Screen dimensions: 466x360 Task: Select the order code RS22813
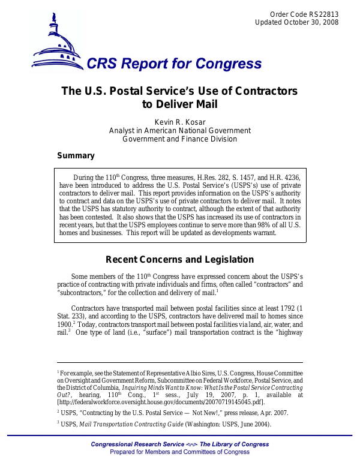(x=324, y=14)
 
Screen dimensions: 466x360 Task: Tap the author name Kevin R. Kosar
(x=179, y=122)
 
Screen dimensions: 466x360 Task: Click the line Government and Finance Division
(x=179, y=139)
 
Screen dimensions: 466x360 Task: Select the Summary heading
(x=76, y=156)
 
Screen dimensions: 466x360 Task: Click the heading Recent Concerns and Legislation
(x=179, y=260)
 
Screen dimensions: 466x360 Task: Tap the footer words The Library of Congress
(x=234, y=444)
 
